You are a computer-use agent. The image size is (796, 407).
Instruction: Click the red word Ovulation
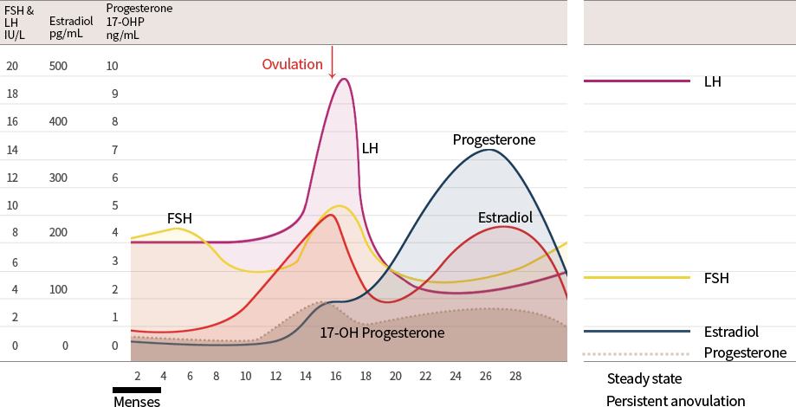[293, 65]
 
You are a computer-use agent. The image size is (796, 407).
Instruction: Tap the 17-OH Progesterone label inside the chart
[382, 333]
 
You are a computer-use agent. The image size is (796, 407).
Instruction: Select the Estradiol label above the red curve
[505, 218]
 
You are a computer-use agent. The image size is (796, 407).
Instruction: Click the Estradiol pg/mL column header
[67, 22]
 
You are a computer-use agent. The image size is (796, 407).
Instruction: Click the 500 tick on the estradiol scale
[58, 66]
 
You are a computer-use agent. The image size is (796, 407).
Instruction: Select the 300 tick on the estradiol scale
[58, 178]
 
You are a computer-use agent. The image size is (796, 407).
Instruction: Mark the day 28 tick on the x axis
[515, 376]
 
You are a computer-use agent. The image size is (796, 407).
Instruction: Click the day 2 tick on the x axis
[137, 376]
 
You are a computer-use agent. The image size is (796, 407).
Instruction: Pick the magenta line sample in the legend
[637, 81]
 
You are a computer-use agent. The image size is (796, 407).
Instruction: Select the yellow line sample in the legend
[637, 278]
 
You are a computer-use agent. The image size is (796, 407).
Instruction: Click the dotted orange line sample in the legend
[637, 353]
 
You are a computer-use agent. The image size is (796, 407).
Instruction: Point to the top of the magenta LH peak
[344, 80]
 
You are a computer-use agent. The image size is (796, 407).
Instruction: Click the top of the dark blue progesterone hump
[489, 151]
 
